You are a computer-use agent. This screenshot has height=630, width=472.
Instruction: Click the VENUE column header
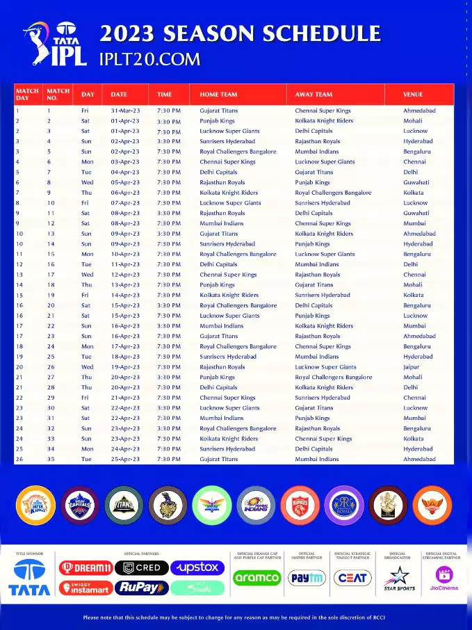click(x=413, y=94)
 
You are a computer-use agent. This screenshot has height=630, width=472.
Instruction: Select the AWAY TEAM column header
click(x=314, y=94)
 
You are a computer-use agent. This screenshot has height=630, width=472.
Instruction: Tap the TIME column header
click(x=164, y=94)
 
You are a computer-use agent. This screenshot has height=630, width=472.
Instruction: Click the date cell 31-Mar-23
click(x=125, y=111)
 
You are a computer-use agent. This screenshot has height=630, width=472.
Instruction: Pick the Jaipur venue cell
click(x=411, y=367)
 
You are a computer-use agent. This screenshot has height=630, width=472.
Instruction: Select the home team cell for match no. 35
click(x=218, y=460)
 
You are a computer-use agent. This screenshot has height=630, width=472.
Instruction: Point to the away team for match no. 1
click(x=323, y=111)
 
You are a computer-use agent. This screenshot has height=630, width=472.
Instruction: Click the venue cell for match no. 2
click(x=412, y=121)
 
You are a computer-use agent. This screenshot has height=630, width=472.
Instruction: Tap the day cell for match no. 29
click(x=85, y=398)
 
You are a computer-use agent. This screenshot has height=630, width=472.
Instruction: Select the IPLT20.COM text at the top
click(x=150, y=60)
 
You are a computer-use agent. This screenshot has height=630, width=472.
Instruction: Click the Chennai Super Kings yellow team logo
click(x=35, y=505)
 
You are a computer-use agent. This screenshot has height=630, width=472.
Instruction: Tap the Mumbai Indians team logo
click(x=257, y=505)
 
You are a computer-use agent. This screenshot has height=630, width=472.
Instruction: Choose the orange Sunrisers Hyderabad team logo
click(x=432, y=505)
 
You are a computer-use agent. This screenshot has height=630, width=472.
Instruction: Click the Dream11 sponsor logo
click(x=86, y=568)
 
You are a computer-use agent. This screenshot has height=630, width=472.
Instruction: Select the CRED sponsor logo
click(x=142, y=568)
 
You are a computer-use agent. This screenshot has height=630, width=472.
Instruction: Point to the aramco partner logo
click(x=257, y=578)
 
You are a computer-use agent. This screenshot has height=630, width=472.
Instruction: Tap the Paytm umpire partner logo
click(x=307, y=578)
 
